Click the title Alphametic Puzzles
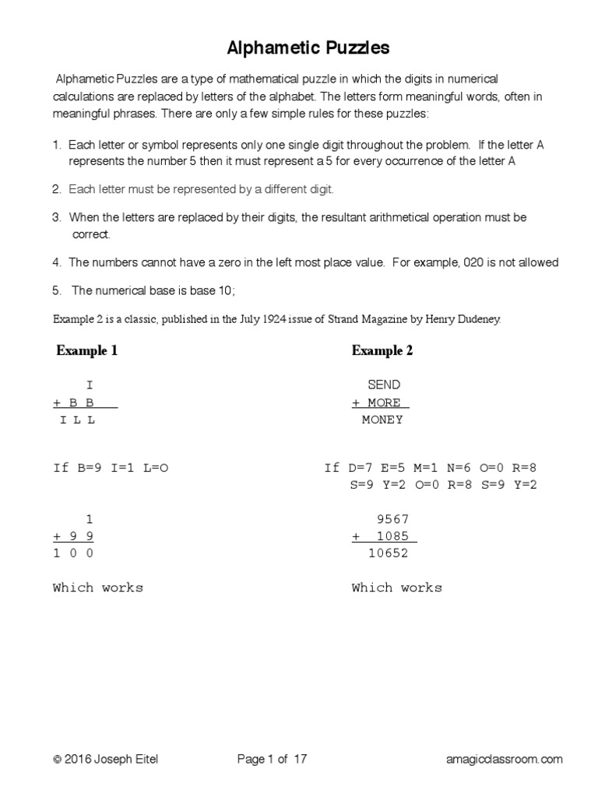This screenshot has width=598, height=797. click(x=308, y=49)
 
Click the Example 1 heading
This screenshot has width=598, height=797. click(x=86, y=351)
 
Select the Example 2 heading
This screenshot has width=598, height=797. click(x=382, y=351)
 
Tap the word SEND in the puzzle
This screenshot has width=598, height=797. click(x=384, y=385)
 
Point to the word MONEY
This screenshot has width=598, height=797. click(x=382, y=420)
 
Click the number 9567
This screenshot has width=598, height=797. click(x=392, y=519)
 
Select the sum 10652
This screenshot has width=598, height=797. click(x=389, y=553)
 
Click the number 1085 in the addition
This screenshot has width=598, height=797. click(x=392, y=536)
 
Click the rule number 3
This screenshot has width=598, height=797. click(x=57, y=218)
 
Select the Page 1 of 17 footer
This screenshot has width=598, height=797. click(x=272, y=760)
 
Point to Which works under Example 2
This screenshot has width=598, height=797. click(x=396, y=588)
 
